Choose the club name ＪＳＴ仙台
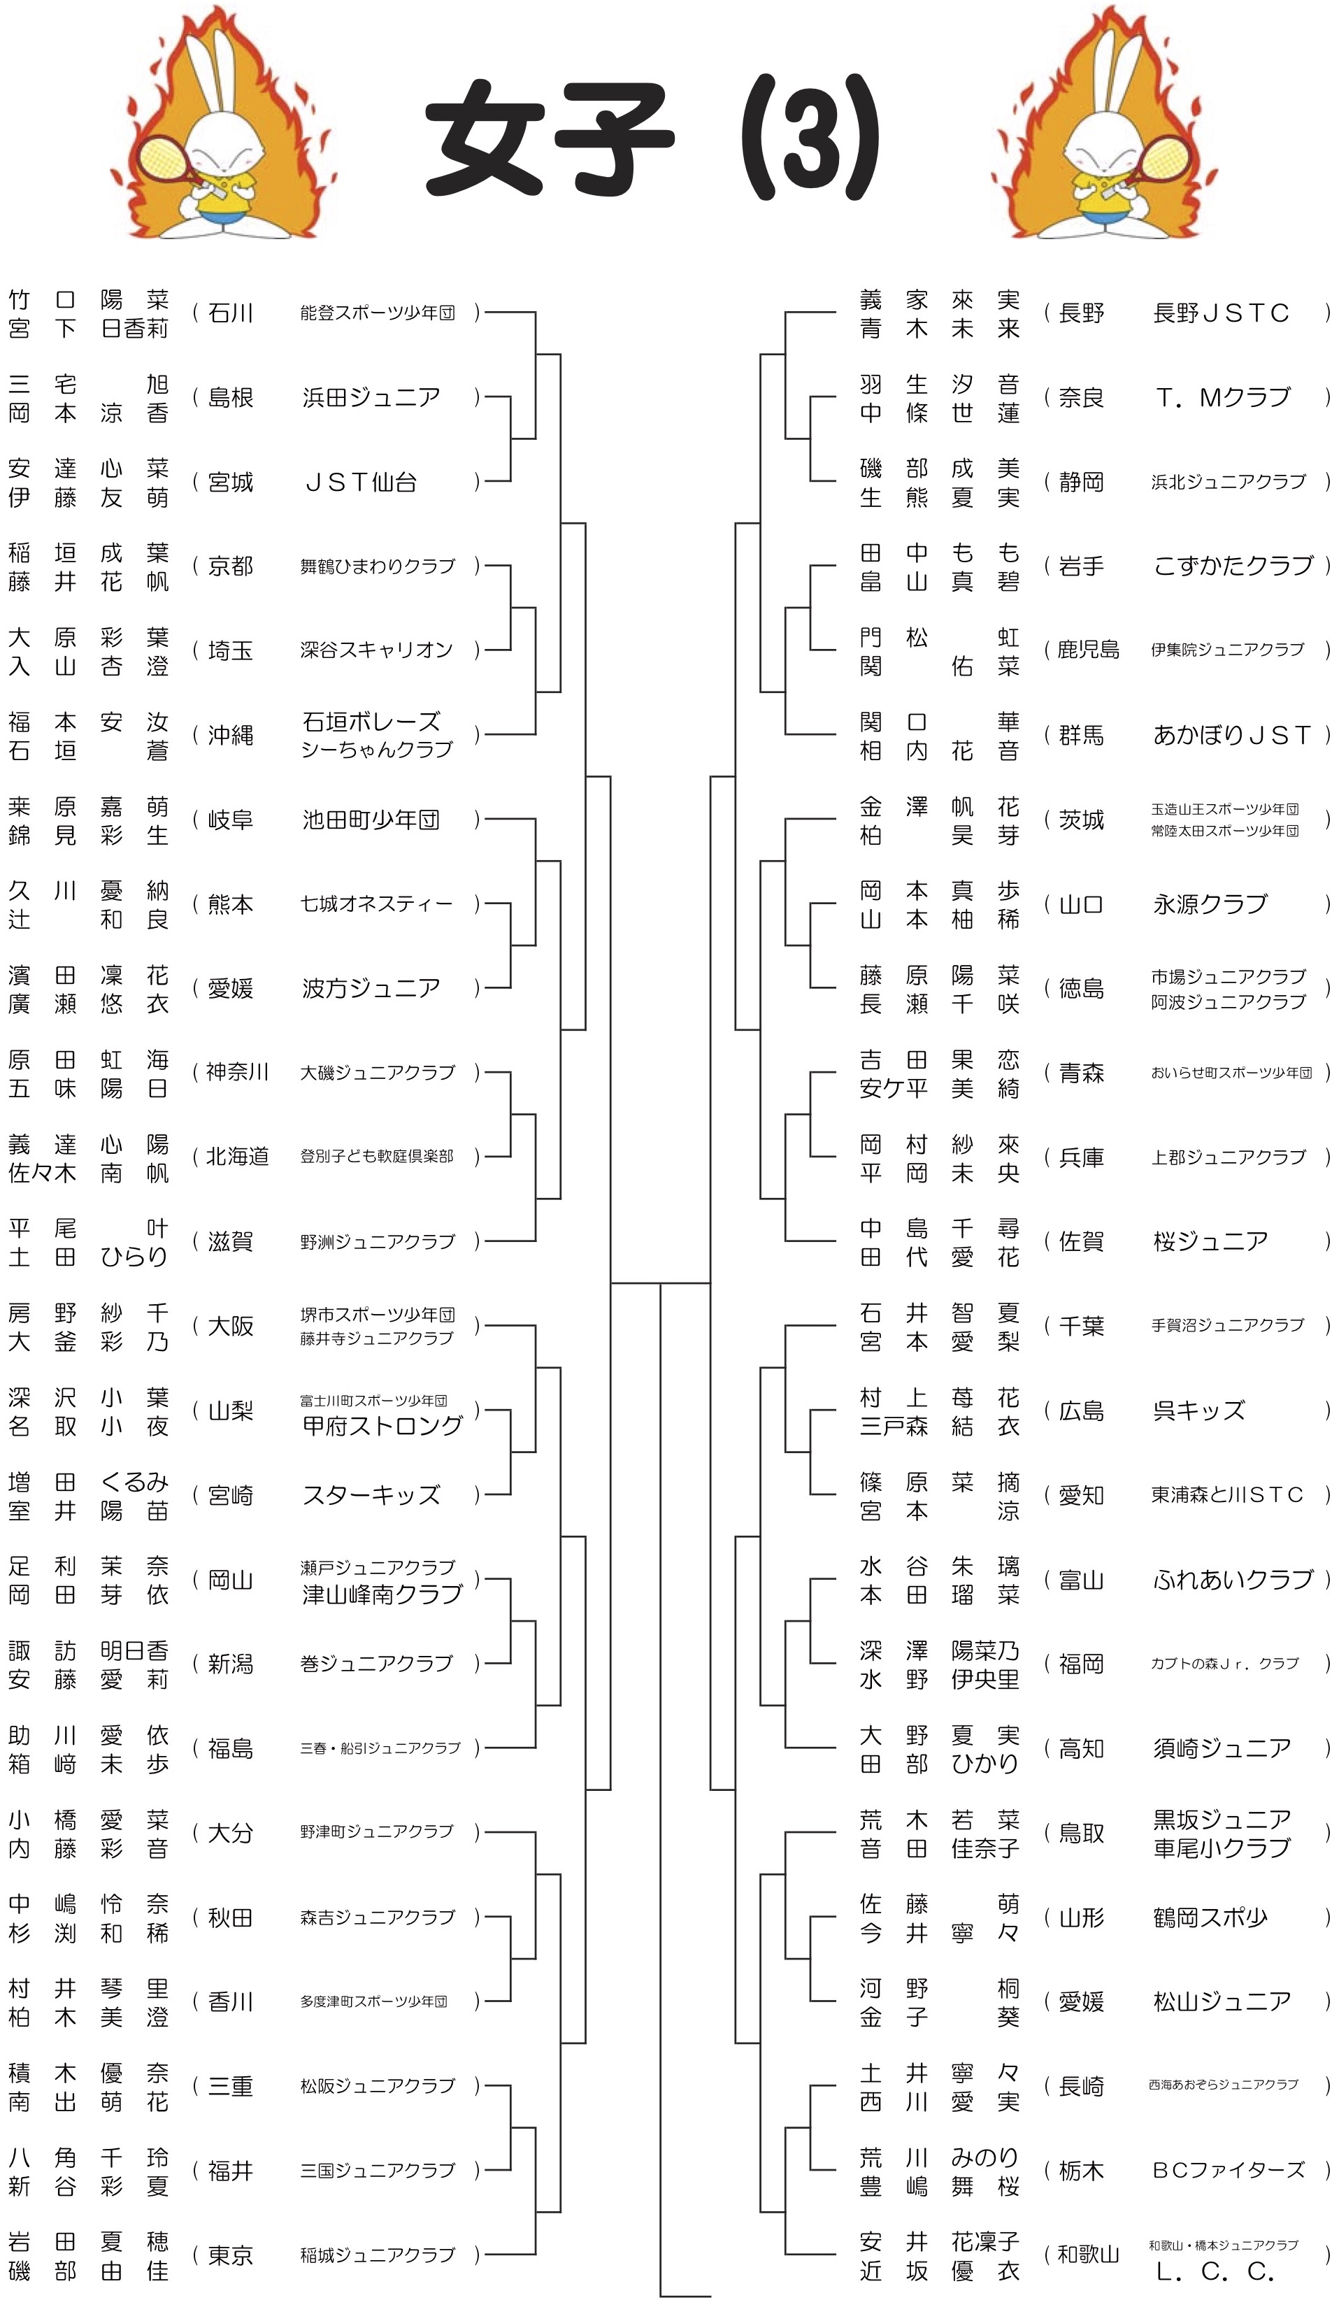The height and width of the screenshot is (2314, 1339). pyautogui.click(x=360, y=482)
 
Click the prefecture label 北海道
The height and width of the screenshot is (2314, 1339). pyautogui.click(x=237, y=1157)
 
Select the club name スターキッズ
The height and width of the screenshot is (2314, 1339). pyautogui.click(x=371, y=1496)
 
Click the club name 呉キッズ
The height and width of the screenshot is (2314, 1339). pyautogui.click(x=1199, y=1410)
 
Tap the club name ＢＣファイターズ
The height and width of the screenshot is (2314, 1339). pyautogui.click(x=1229, y=2171)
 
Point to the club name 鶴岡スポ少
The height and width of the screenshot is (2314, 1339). pyautogui.click(x=1210, y=1917)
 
